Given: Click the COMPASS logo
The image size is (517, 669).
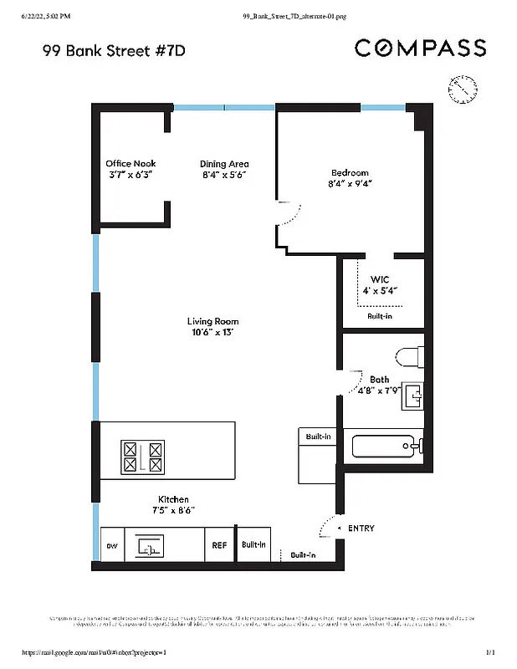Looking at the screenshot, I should click(420, 48).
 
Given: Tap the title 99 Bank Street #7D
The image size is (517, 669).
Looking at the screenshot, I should click(113, 51).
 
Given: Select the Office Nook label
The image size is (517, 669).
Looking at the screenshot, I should click(131, 164).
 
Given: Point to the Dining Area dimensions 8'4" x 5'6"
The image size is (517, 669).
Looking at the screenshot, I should click(224, 176).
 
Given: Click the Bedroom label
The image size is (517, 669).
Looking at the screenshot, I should click(350, 173).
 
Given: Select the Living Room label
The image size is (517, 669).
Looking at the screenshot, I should click(212, 321).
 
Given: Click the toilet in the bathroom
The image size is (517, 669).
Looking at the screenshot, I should click(409, 358).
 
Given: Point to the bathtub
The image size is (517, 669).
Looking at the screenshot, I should click(387, 445).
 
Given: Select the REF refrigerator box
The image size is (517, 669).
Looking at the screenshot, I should click(219, 545).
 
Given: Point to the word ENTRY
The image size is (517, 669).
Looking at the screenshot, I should click(361, 529).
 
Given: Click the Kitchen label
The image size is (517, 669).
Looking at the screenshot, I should click(174, 499).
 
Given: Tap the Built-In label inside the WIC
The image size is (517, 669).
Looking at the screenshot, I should click(380, 317).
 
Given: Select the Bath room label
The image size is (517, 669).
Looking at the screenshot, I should click(379, 379).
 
